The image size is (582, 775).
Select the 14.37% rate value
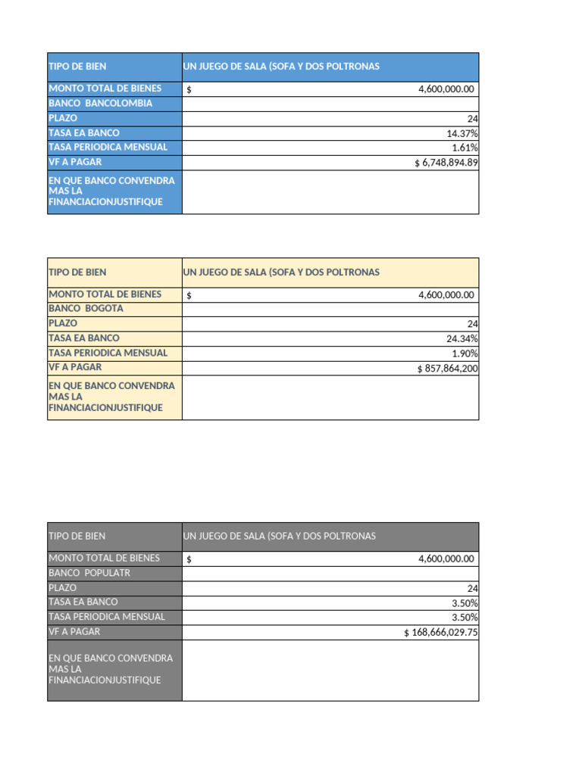(x=462, y=133)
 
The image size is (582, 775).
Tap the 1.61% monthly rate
(x=465, y=148)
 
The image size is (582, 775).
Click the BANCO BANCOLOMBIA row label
(x=100, y=104)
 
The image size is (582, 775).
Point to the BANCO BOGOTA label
(x=86, y=309)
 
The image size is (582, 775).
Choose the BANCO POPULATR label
(x=89, y=573)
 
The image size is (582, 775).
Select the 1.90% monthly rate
(x=465, y=353)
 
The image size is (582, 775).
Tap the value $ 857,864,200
(x=447, y=369)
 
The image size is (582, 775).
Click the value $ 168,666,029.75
(x=440, y=633)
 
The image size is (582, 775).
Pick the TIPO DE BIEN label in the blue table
(x=77, y=67)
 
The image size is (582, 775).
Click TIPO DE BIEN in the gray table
(x=77, y=536)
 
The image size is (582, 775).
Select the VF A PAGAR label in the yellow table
(x=75, y=368)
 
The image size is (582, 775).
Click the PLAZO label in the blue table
(x=63, y=118)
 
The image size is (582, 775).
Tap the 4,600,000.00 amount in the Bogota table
(x=446, y=295)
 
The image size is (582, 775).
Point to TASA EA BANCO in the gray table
(x=83, y=602)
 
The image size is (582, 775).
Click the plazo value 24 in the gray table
(x=472, y=588)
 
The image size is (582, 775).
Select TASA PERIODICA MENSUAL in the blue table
(x=108, y=148)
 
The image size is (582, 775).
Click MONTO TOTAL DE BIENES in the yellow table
(x=105, y=294)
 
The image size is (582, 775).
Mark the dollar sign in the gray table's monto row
(x=189, y=559)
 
